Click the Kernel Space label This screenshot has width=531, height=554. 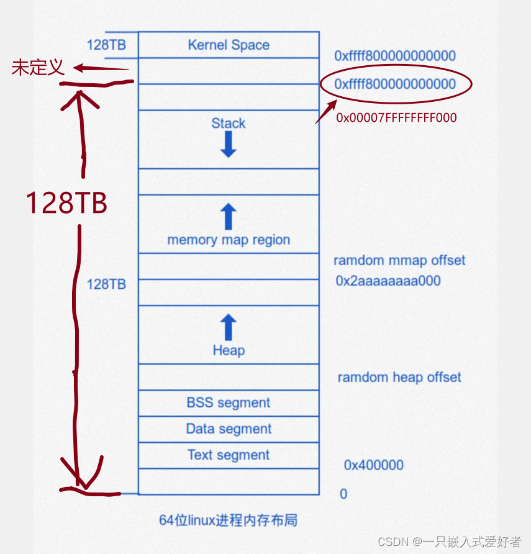[x=228, y=45]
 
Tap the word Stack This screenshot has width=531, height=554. [x=228, y=123]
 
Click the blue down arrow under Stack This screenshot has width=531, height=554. [x=228, y=144]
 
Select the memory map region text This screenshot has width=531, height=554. [x=228, y=240]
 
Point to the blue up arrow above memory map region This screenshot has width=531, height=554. [x=228, y=217]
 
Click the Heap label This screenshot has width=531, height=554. [x=228, y=350]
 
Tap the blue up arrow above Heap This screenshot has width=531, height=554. [x=228, y=327]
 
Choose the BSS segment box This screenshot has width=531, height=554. [x=228, y=402]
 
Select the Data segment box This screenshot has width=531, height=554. [x=228, y=429]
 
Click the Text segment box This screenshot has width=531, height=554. [x=228, y=455]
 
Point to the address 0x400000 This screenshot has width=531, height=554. [x=373, y=465]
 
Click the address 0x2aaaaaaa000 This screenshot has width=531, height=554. [x=388, y=281]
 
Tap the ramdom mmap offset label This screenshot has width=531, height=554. [x=399, y=260]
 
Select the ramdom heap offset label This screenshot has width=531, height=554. [x=399, y=377]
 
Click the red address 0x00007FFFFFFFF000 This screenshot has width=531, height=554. [x=396, y=117]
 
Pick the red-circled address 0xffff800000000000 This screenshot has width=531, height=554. [x=395, y=84]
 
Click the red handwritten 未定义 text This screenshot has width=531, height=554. [x=38, y=68]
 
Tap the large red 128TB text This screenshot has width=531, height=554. [x=66, y=203]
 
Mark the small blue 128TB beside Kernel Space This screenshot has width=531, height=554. [x=106, y=45]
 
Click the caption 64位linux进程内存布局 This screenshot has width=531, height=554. [x=228, y=520]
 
